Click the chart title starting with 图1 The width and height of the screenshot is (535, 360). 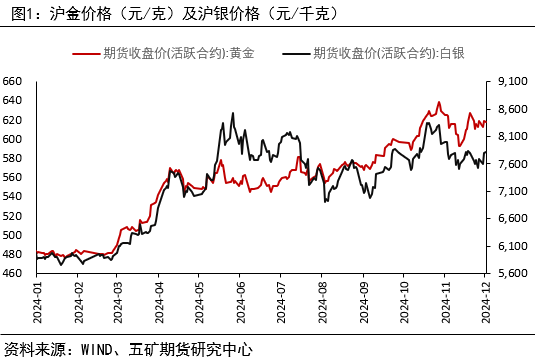click(x=170, y=13)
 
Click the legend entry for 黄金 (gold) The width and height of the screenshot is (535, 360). click(x=166, y=52)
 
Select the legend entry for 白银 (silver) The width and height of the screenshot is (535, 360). click(x=374, y=52)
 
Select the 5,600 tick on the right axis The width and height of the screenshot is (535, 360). click(x=511, y=273)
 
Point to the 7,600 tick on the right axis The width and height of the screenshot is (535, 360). click(x=511, y=163)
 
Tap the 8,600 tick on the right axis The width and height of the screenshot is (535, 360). click(x=511, y=108)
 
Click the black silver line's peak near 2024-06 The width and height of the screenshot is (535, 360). click(x=233, y=113)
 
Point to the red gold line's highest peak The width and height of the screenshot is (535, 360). click(x=438, y=102)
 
